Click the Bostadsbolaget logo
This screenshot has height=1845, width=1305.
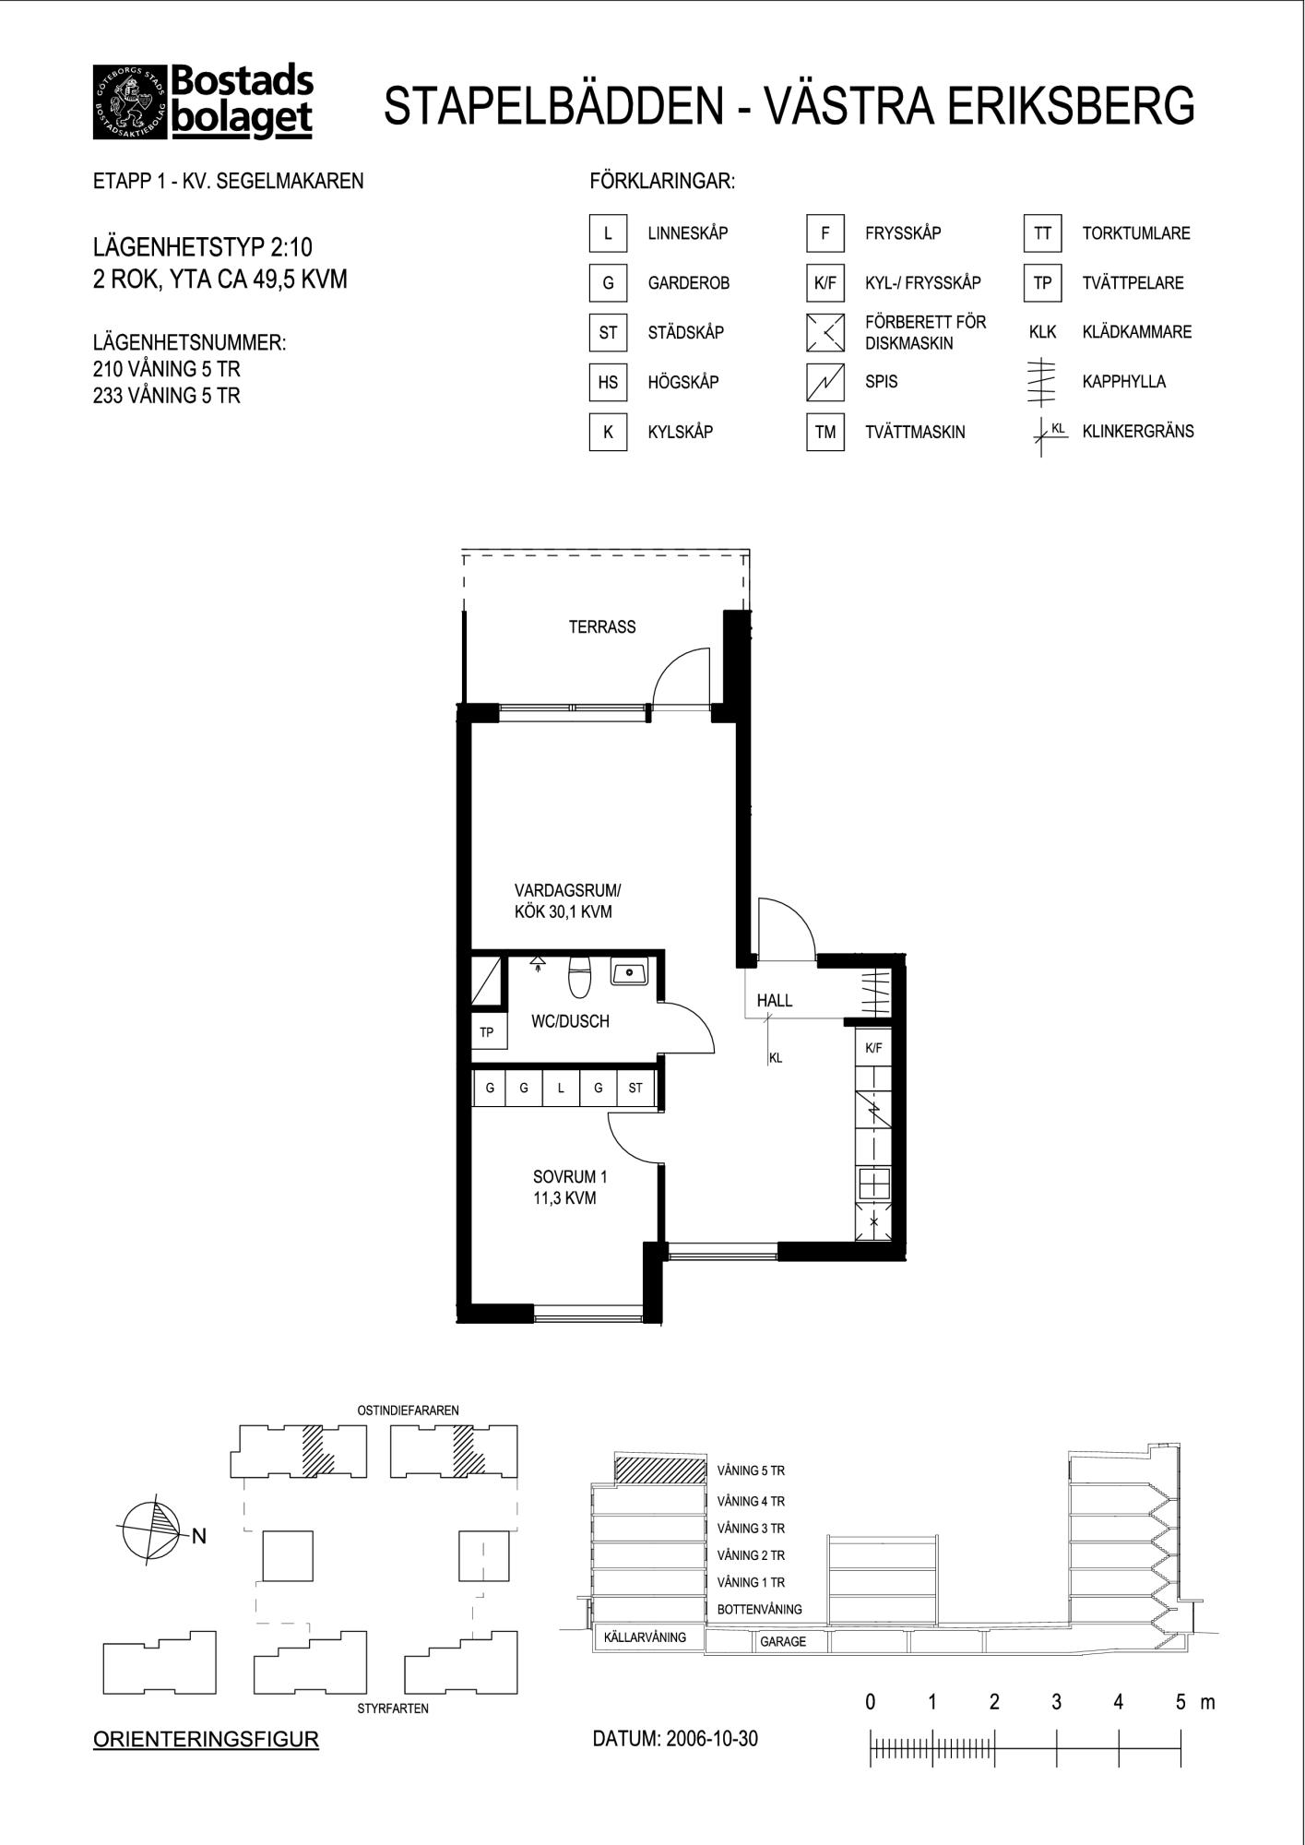point(203,102)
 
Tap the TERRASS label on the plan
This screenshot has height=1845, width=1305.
point(602,627)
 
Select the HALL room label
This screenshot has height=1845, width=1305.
point(775,1000)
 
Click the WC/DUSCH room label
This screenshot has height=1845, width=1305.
point(570,1021)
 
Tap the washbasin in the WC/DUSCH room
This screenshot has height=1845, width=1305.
point(631,971)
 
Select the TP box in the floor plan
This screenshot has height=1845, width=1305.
point(487,1032)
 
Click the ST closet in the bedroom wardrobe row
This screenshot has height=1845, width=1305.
point(635,1088)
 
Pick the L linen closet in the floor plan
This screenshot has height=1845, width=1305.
point(561,1088)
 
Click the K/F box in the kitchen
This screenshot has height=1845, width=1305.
point(873,1048)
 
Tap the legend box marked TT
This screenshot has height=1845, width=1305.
point(1042,233)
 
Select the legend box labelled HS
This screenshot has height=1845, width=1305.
point(608,382)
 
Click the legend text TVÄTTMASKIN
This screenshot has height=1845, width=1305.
point(915,432)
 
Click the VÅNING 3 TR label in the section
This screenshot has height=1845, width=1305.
point(751,1529)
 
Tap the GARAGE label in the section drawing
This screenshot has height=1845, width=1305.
point(783,1642)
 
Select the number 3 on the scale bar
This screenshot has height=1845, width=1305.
point(1056,1702)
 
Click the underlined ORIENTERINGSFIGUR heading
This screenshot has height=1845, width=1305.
point(206,1740)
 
